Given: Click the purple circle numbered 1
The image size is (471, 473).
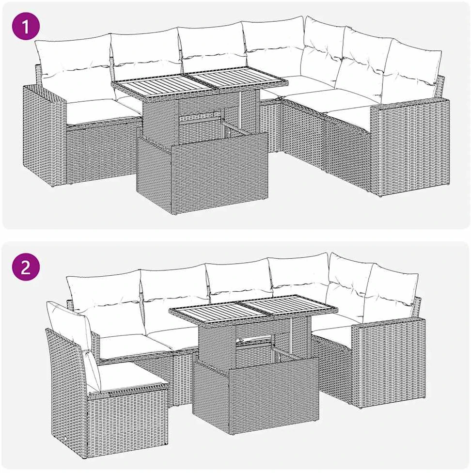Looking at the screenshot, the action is [26, 26].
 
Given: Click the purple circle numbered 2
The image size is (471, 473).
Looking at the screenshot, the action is [26, 267].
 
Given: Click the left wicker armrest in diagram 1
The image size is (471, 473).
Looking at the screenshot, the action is [45, 136].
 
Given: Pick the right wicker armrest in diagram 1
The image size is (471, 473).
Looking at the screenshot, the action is [409, 148].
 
